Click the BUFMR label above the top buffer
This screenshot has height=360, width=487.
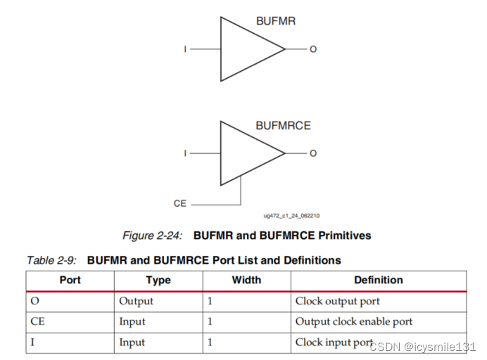point(275,21)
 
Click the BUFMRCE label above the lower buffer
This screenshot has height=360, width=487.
point(283,126)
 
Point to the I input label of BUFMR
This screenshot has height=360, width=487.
point(185,49)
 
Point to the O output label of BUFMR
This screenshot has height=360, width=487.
point(313,49)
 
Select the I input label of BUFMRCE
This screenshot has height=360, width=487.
point(185,153)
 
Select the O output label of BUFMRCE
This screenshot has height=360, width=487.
point(313,153)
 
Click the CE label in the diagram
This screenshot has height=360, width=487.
point(180,203)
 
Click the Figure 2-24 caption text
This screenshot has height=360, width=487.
point(246,236)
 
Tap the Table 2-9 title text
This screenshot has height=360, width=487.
point(184,260)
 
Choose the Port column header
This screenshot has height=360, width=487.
point(70,280)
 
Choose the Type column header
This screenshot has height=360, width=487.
point(158,280)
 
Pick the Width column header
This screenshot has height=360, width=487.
point(246,280)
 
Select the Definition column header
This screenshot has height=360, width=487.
point(378,280)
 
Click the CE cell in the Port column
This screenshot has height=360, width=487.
point(38,321)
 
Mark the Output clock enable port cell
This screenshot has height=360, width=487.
point(353,321)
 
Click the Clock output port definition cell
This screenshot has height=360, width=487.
point(337,301)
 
